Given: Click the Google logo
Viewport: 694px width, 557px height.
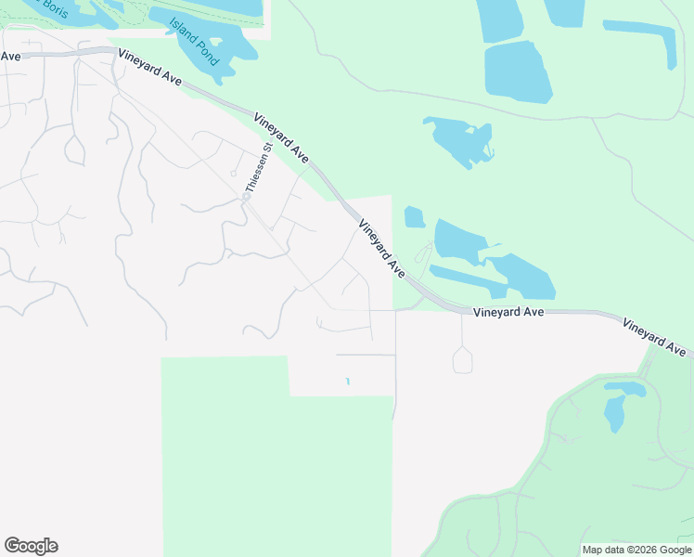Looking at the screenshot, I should pyautogui.click(x=31, y=546).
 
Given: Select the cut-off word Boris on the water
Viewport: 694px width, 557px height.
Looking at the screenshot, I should pyautogui.click(x=52, y=8).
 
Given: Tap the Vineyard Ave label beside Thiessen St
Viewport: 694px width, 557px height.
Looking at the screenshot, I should pyautogui.click(x=281, y=136).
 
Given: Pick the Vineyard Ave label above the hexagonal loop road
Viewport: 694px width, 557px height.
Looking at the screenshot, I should pyautogui.click(x=508, y=313).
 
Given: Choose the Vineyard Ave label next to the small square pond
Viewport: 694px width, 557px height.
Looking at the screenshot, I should pyautogui.click(x=382, y=249).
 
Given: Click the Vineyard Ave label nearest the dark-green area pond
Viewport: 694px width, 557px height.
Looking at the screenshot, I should pyautogui.click(x=655, y=338).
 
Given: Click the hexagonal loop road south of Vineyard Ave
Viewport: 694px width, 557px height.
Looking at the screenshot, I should pyautogui.click(x=462, y=359).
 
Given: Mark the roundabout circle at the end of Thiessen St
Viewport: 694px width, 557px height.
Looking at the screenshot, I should pyautogui.click(x=247, y=197).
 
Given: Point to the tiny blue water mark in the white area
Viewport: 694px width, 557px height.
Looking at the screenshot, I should pyautogui.click(x=348, y=381).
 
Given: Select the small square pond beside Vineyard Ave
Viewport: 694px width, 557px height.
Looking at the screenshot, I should pyautogui.click(x=415, y=218).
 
